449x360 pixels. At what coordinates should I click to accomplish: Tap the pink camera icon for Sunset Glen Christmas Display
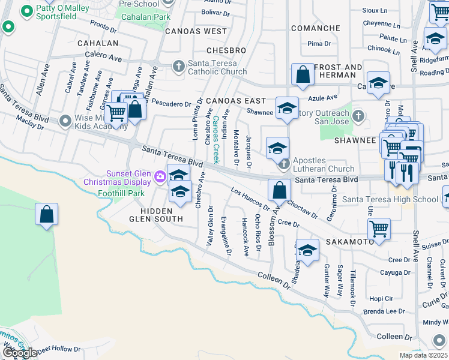point(160,176)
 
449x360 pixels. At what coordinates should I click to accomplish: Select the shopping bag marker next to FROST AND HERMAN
point(303,75)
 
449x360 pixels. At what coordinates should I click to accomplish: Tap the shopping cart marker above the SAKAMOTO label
point(379,228)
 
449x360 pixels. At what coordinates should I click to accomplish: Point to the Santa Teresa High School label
point(390,199)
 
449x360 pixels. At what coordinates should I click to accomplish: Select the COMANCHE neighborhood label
point(316,28)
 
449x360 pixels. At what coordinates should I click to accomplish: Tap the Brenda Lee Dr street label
point(384,312)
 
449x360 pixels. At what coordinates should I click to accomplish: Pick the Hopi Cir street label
point(381,298)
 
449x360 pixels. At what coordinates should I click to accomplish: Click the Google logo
point(19,353)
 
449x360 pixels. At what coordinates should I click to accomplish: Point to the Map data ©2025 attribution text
point(423,355)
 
